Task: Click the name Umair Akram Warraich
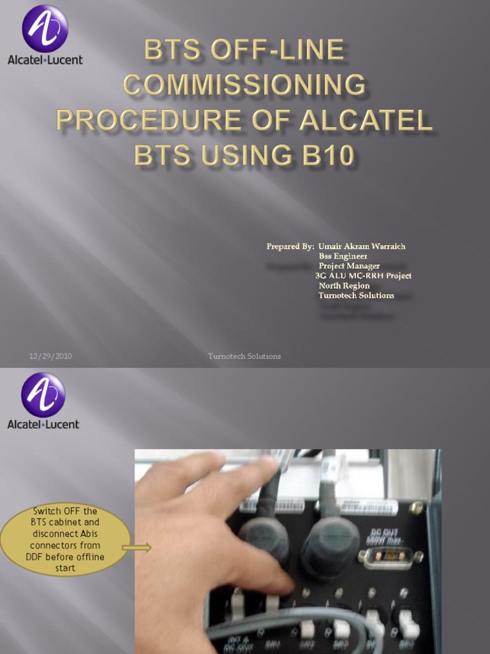pyautogui.click(x=362, y=246)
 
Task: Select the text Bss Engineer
pyautogui.click(x=343, y=256)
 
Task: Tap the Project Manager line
pyautogui.click(x=349, y=266)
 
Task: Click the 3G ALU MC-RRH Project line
pyautogui.click(x=363, y=276)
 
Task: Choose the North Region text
pyautogui.click(x=344, y=285)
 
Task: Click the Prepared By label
pyautogui.click(x=290, y=246)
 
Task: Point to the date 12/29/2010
pyautogui.click(x=50, y=356)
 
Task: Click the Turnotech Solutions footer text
pyautogui.click(x=244, y=356)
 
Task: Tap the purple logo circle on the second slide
pyautogui.click(x=43, y=394)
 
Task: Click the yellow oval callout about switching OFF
pyautogui.click(x=65, y=540)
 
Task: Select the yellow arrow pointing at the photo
pyautogui.click(x=137, y=547)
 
